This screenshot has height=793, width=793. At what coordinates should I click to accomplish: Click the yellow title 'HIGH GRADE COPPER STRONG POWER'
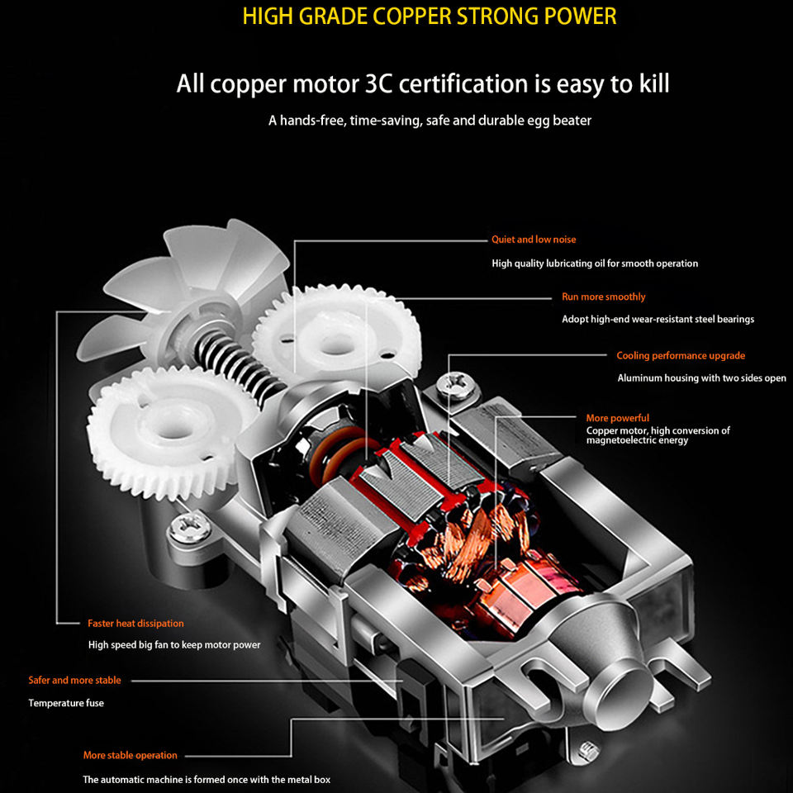[x=430, y=17]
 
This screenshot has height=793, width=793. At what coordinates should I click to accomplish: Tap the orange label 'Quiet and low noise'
[x=534, y=240]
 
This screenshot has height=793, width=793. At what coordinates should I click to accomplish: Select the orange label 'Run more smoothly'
[x=603, y=297]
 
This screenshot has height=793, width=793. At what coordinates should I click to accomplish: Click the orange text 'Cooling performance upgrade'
[x=681, y=355]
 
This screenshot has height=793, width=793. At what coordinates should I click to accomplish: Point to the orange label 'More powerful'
[x=618, y=418]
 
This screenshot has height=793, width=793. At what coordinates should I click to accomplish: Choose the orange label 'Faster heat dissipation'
[x=135, y=624]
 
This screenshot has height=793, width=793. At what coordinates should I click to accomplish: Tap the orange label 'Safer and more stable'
[x=75, y=680]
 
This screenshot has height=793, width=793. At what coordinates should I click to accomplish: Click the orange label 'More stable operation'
[x=131, y=756]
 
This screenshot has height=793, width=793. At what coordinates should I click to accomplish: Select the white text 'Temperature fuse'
[x=66, y=703]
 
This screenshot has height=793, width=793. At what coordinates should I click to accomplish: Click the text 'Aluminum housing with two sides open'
[x=702, y=378]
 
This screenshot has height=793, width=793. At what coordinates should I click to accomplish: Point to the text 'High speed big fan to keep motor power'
[x=174, y=645]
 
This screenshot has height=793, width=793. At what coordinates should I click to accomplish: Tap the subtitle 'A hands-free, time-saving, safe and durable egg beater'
[x=430, y=121]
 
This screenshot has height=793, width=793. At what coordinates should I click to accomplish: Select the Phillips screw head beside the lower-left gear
[x=190, y=529]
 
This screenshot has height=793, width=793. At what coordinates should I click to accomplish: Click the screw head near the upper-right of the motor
[x=457, y=386]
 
